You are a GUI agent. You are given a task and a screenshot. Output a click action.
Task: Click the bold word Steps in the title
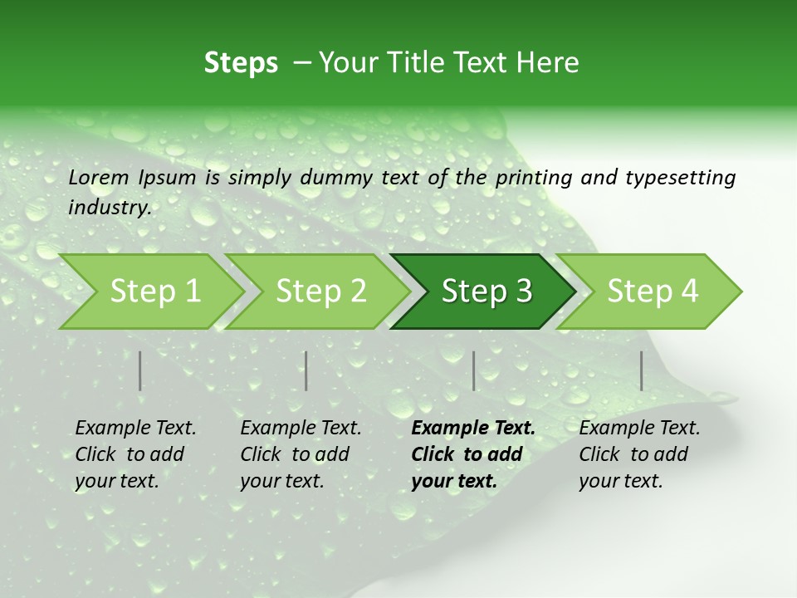coord(241,63)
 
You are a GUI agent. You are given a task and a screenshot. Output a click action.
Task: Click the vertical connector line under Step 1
coord(140,370)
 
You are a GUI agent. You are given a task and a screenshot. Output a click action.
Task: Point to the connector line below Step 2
coord(306,370)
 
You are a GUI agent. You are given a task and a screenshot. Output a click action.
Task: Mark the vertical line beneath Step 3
coord(474,370)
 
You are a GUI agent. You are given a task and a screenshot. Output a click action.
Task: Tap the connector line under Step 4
coord(642,370)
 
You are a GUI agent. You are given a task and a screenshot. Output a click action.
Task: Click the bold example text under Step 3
coord(472,454)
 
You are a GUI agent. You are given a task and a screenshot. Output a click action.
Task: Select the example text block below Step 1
coord(135,454)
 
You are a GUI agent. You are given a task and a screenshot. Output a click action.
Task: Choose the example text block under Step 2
coord(301,454)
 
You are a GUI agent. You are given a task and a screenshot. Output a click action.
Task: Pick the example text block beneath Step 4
coord(639,454)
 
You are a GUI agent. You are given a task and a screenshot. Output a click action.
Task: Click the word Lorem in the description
coord(99,177)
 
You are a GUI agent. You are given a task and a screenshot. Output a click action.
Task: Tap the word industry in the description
coord(109,208)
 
